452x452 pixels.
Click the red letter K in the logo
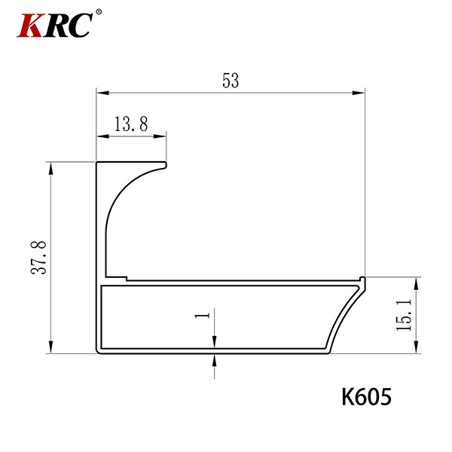[29, 26]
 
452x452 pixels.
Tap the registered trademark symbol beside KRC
[99, 12]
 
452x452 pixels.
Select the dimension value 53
[231, 81]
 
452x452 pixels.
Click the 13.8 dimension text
[131, 124]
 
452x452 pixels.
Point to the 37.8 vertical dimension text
[38, 258]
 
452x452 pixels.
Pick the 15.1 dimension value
[404, 315]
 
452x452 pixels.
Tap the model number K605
[366, 397]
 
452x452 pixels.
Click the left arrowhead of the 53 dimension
[102, 93]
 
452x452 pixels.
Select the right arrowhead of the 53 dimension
[359, 93]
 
